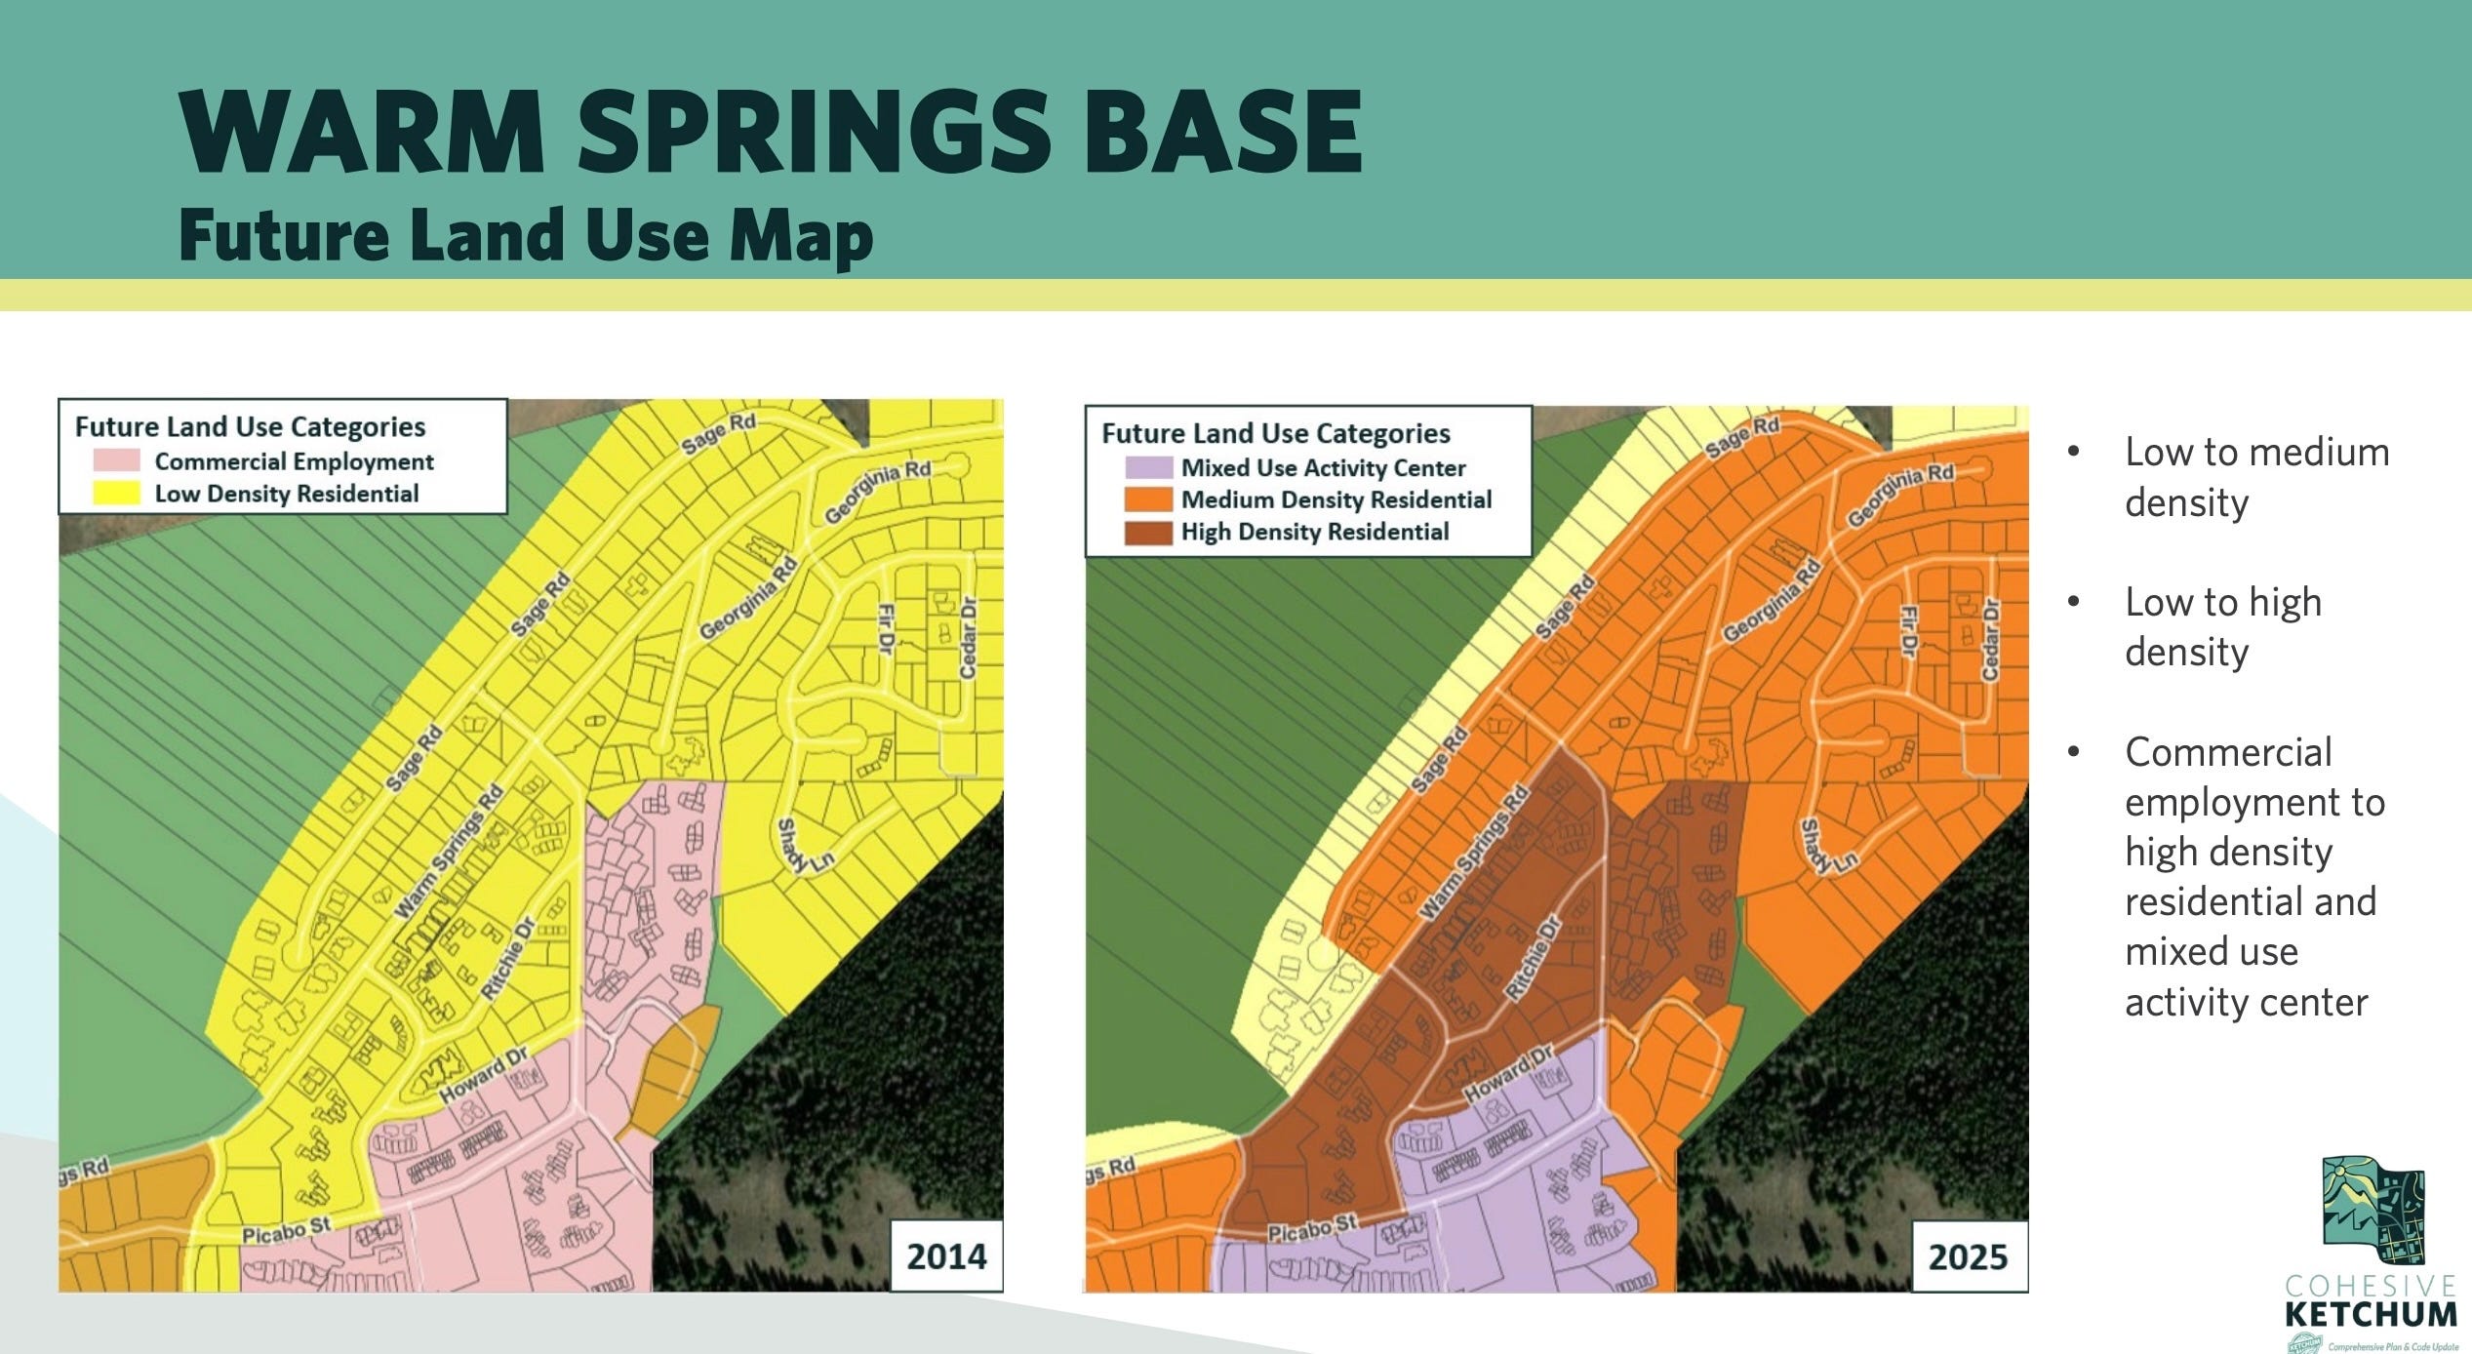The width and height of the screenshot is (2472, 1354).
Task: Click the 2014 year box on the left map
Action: pos(946,1255)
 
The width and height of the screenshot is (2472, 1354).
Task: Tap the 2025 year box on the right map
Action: pos(1968,1256)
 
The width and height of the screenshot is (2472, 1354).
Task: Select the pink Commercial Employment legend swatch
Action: pos(116,460)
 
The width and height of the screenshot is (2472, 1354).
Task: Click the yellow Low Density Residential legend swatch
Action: pos(116,493)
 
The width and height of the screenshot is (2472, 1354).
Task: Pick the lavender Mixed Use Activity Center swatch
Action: pos(1147,467)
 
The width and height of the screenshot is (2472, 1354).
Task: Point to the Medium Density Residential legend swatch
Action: pos(1147,499)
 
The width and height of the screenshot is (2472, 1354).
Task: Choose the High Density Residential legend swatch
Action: pos(1147,532)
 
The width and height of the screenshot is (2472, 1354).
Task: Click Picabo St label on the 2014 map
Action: pos(287,1231)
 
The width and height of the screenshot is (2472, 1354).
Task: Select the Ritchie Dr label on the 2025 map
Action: pos(1534,958)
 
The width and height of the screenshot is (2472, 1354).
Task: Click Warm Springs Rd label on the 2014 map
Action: pos(448,851)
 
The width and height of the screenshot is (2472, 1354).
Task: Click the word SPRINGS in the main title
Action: pos(814,132)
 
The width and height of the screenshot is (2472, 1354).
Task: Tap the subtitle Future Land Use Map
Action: pos(526,235)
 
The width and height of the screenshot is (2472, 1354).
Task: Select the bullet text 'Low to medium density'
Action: pos(2255,477)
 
